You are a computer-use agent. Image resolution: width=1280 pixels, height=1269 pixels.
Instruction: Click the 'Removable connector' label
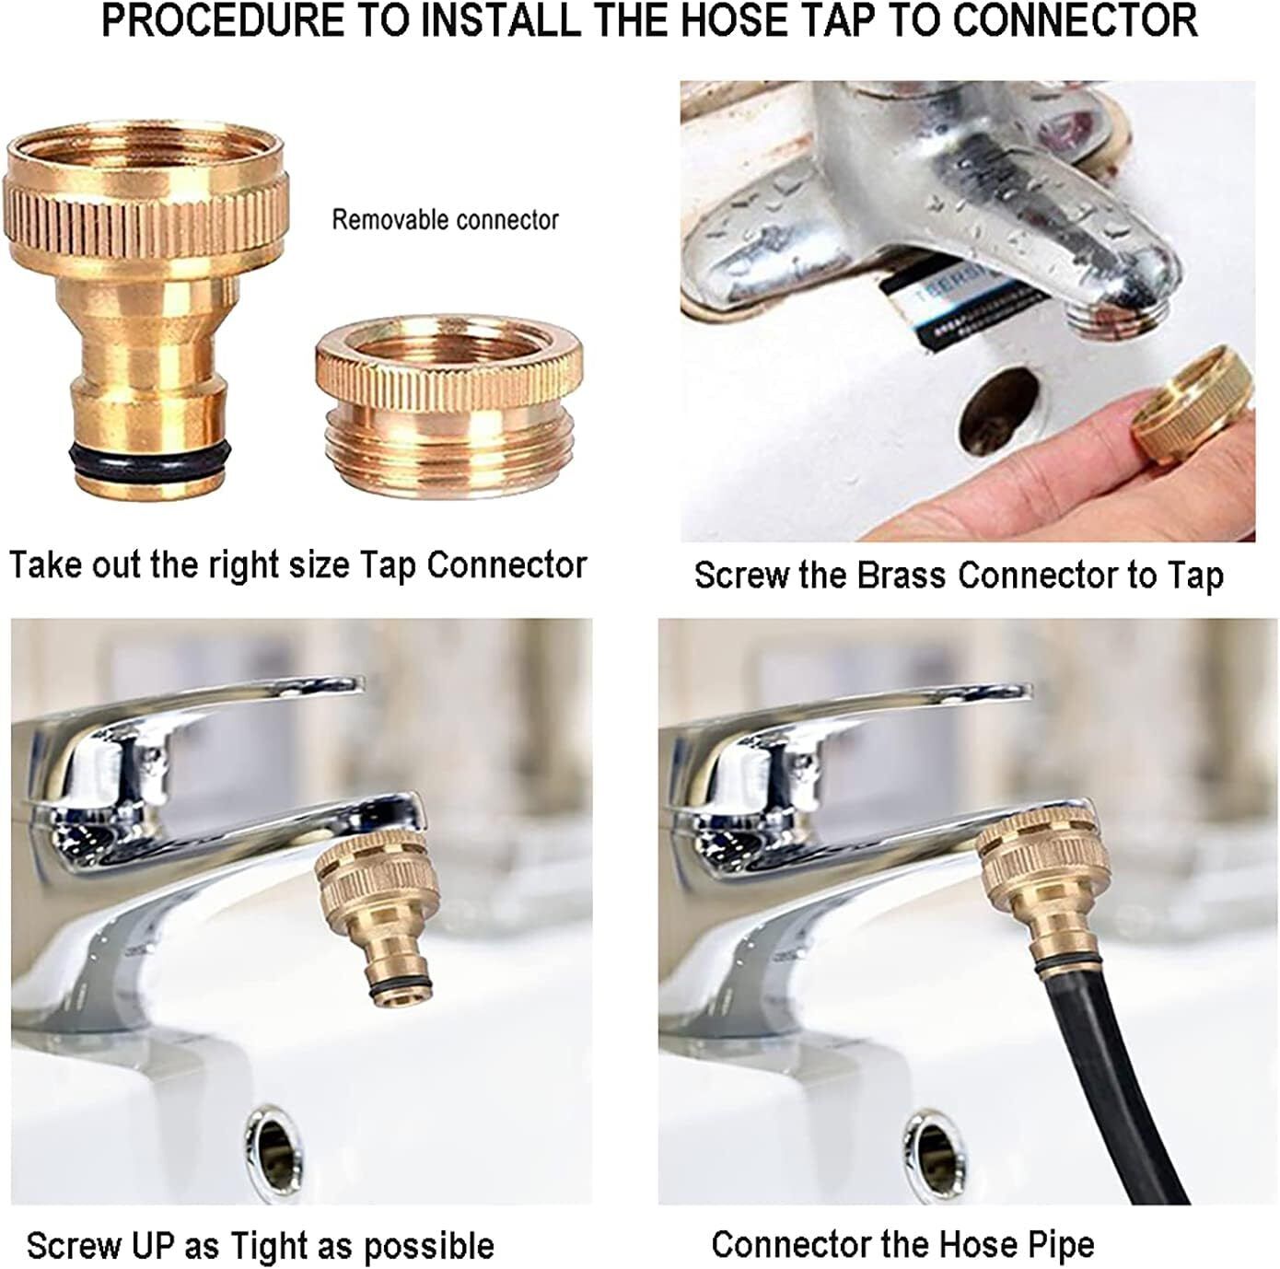tap(445, 220)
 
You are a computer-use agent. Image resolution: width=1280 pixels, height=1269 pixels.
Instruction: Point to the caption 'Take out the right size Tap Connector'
tap(297, 565)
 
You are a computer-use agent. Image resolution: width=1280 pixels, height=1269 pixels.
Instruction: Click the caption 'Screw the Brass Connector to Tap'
tap(958, 576)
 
